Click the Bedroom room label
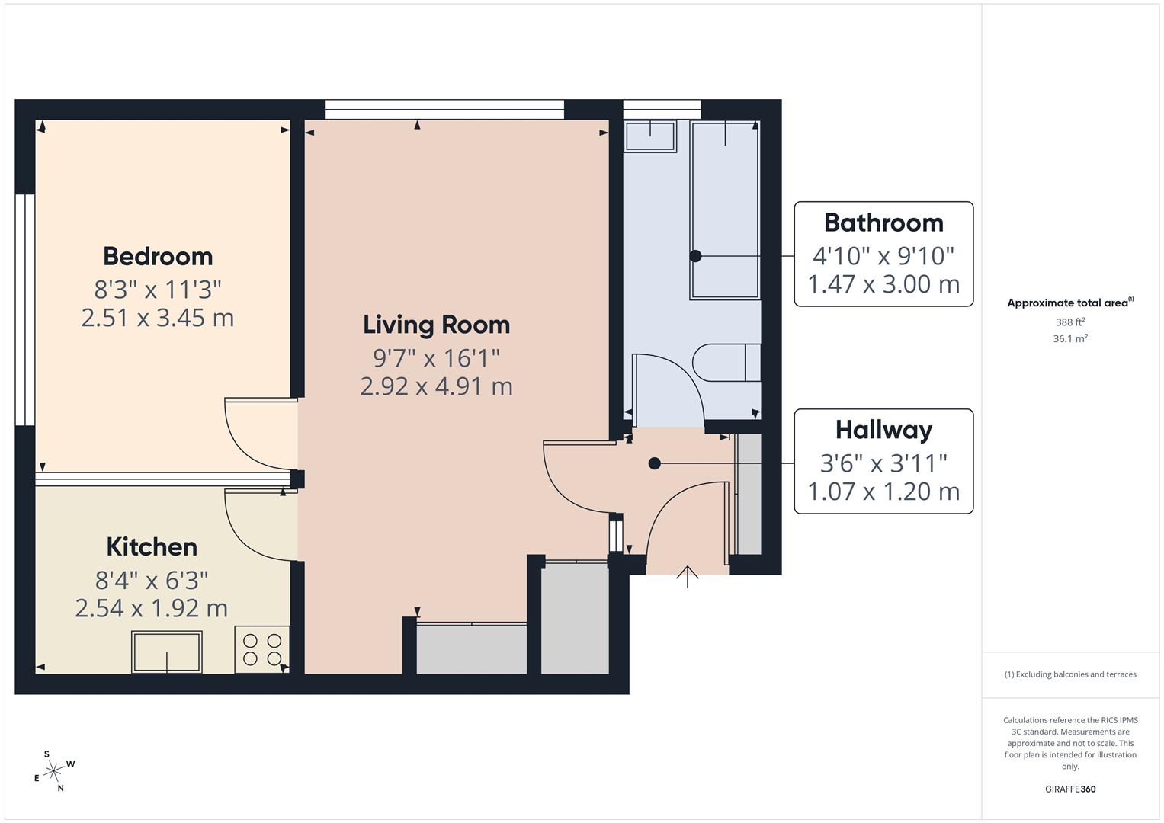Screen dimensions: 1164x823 158,257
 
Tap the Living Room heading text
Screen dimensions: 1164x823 437,325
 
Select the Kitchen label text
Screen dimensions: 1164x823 152,547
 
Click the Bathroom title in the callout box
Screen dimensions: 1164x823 884,223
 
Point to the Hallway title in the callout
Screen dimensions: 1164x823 884,431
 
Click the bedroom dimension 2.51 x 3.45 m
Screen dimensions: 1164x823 158,318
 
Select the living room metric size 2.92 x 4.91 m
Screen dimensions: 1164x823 437,386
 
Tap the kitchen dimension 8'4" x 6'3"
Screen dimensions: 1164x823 152,581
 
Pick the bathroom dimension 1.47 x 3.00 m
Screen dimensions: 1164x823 883,284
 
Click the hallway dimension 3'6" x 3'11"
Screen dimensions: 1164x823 883,463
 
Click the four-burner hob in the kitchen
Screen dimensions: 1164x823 262,649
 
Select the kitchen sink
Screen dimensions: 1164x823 167,652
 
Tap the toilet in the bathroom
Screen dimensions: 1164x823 727,363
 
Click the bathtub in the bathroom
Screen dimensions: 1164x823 726,210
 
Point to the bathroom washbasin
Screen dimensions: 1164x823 650,136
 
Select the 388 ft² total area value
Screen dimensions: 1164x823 1070,322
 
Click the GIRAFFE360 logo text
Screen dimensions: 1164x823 1070,789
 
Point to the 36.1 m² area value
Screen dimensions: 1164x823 1070,339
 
